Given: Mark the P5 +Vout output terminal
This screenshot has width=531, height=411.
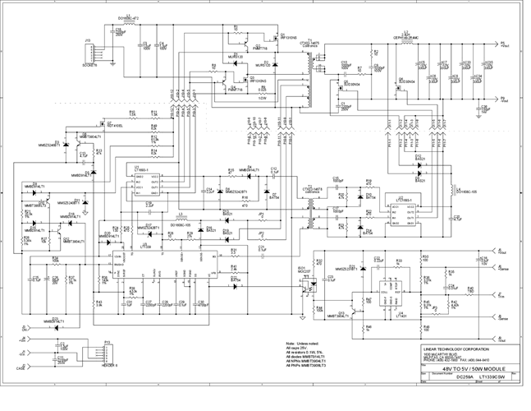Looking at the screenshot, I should [x=501, y=44].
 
